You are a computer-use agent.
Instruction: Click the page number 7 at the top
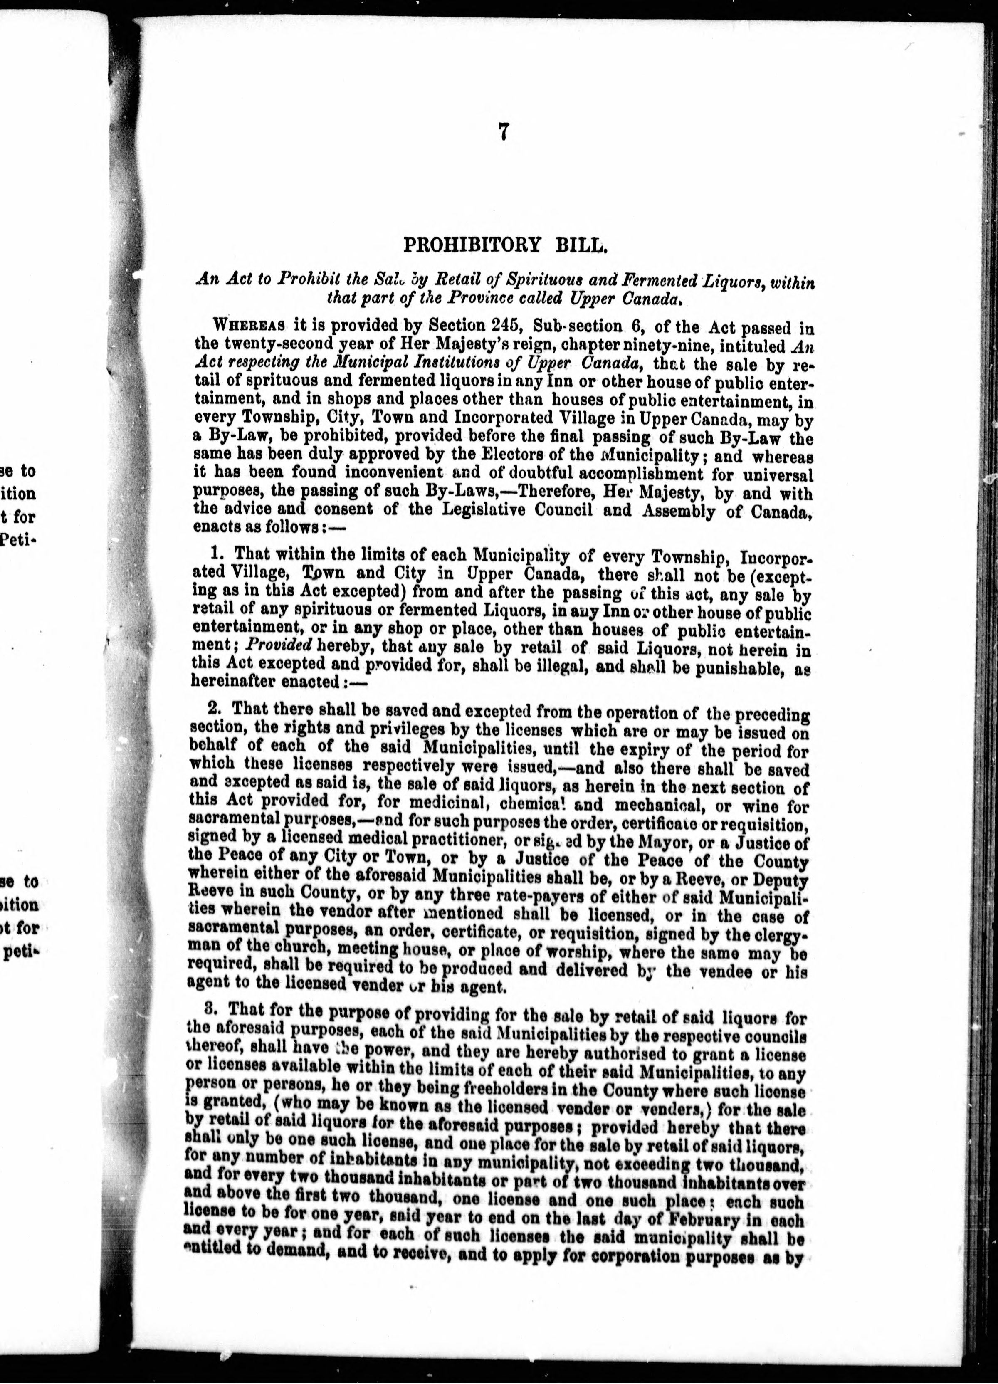(x=503, y=132)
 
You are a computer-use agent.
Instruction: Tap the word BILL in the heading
(x=582, y=245)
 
